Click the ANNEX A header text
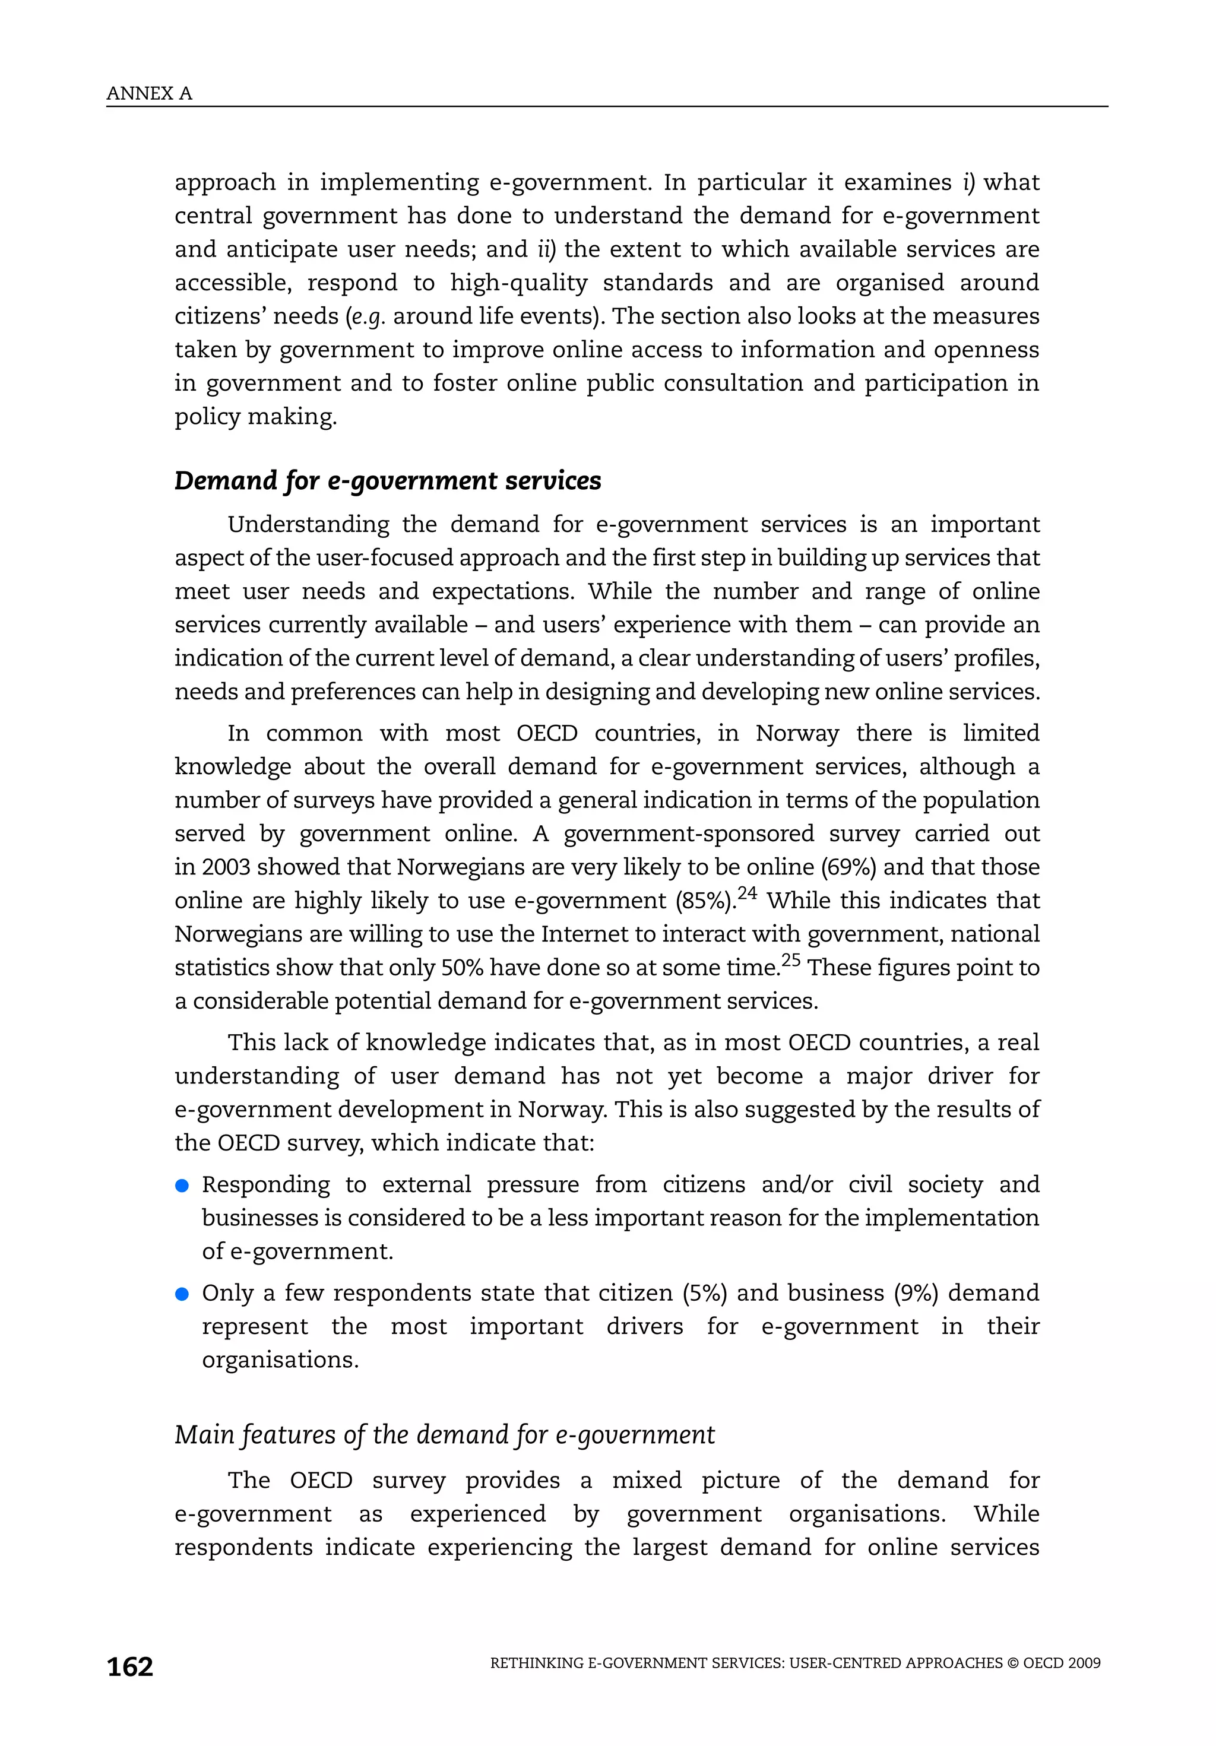(149, 94)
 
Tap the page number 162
(130, 1666)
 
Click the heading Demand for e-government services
(387, 481)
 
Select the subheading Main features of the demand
(444, 1434)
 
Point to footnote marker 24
(748, 893)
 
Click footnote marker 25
(791, 960)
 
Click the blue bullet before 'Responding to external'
(182, 1186)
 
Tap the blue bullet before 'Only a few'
(182, 1294)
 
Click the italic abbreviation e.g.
(368, 316)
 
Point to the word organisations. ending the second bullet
(280, 1360)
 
